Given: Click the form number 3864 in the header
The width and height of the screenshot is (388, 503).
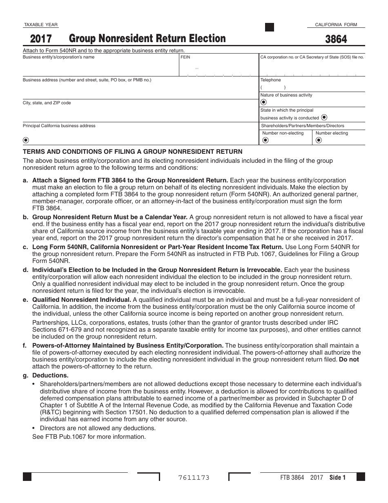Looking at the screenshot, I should pos(336,39).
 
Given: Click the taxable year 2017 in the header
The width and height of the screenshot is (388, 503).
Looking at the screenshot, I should pos(41,39).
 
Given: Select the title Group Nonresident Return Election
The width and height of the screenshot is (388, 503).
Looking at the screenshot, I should pos(147,39).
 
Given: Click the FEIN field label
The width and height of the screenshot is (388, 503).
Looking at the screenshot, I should pos(185,58).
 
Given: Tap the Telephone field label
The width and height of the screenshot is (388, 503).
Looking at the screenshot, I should pos(271,80).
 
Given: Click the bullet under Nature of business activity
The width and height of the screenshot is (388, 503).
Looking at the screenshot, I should pos(263,102).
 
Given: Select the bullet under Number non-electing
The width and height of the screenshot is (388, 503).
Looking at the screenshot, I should pos(265,140).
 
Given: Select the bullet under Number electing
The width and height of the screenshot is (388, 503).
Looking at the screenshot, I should pos(319,140).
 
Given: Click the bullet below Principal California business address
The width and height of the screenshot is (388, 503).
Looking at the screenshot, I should pos(26,140).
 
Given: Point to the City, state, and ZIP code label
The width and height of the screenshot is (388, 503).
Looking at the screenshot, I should pos(47,103).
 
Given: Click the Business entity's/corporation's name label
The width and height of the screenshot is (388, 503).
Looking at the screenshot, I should pos(58,57).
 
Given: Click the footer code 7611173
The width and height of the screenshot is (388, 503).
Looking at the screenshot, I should pos(194,478).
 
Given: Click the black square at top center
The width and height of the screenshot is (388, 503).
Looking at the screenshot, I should pos(270,27).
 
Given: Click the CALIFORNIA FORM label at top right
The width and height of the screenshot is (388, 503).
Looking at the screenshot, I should pos(336,25).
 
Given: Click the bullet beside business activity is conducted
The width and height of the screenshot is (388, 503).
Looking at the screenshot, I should pos(324,117).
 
